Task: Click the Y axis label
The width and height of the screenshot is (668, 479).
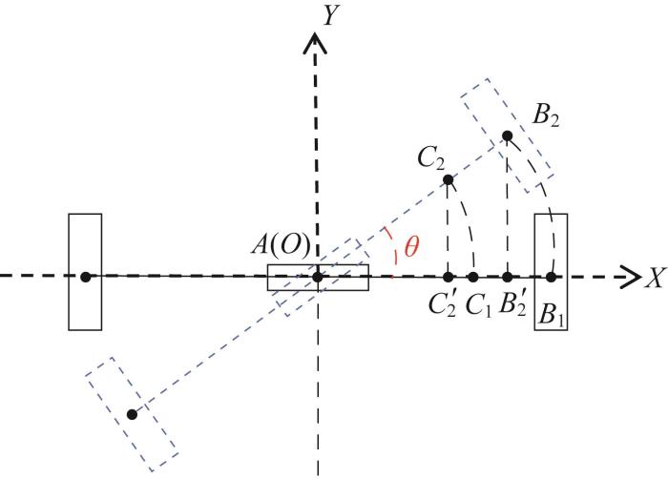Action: tap(328, 16)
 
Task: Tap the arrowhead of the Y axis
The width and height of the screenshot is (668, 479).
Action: tap(315, 44)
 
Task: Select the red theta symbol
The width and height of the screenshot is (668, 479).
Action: tap(411, 246)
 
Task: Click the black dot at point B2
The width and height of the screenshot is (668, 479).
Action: tap(507, 135)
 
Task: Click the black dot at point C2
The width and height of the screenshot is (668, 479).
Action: tap(448, 179)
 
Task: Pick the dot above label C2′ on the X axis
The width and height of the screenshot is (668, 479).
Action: tap(448, 277)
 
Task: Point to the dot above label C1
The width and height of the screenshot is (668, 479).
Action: tap(473, 277)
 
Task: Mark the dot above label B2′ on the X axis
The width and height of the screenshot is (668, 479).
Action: tap(507, 277)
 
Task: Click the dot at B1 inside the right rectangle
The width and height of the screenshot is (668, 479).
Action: tap(551, 277)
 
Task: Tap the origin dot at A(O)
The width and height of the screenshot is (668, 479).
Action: tap(317, 277)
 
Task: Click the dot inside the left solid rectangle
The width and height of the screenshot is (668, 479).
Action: tap(86, 277)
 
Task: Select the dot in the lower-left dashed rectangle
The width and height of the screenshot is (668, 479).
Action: tap(132, 414)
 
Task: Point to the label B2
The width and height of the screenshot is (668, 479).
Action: tap(546, 115)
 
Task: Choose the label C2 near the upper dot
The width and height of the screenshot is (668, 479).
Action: tap(431, 159)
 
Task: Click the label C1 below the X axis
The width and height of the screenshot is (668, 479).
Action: tap(478, 305)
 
